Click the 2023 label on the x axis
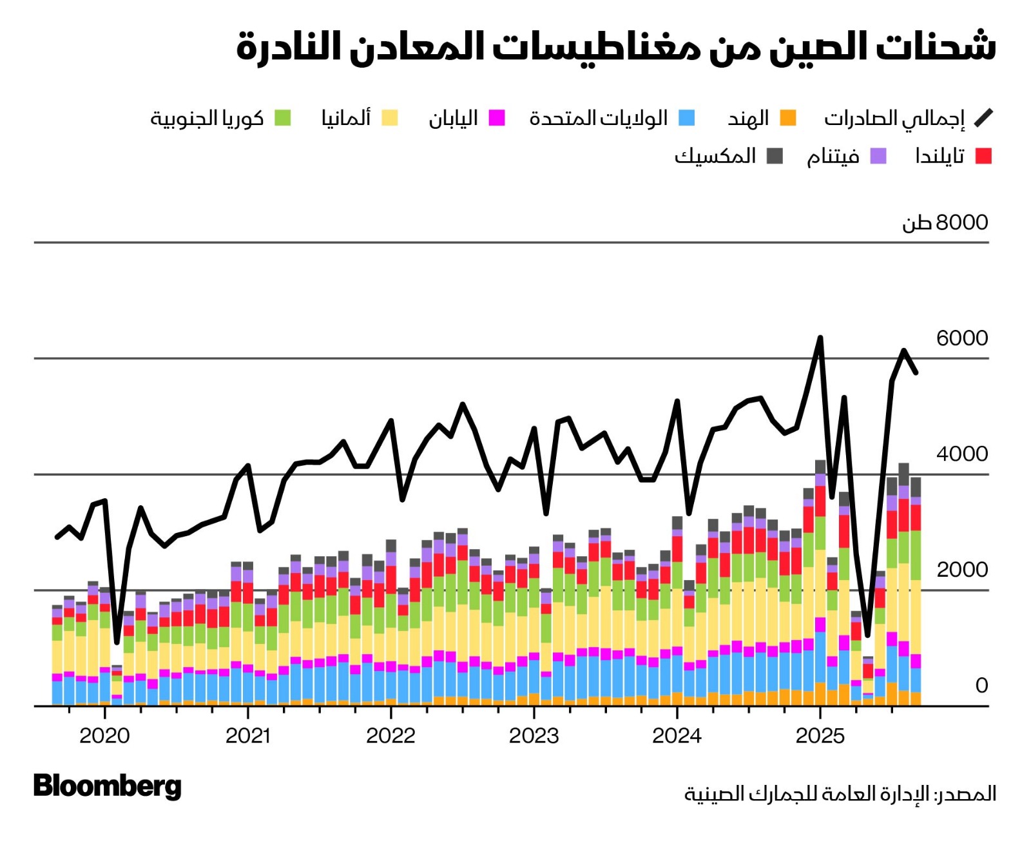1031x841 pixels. [534, 735]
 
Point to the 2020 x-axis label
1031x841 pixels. [104, 735]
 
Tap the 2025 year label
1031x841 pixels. [820, 735]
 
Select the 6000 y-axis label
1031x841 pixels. [961, 338]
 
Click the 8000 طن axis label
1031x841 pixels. [945, 222]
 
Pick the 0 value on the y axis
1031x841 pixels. [981, 685]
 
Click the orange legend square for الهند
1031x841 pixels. [787, 118]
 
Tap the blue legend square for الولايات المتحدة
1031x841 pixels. [687, 118]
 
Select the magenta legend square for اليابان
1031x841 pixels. [496, 118]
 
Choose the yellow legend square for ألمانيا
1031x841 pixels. [389, 118]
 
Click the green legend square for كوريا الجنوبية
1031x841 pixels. [282, 118]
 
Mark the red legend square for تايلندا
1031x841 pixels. [983, 156]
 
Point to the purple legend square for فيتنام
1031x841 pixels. [878, 156]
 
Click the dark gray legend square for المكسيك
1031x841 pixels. [775, 156]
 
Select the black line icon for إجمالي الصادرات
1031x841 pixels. [983, 118]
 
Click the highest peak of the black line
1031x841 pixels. [820, 338]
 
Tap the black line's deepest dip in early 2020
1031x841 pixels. [117, 642]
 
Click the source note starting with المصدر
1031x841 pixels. [840, 793]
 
